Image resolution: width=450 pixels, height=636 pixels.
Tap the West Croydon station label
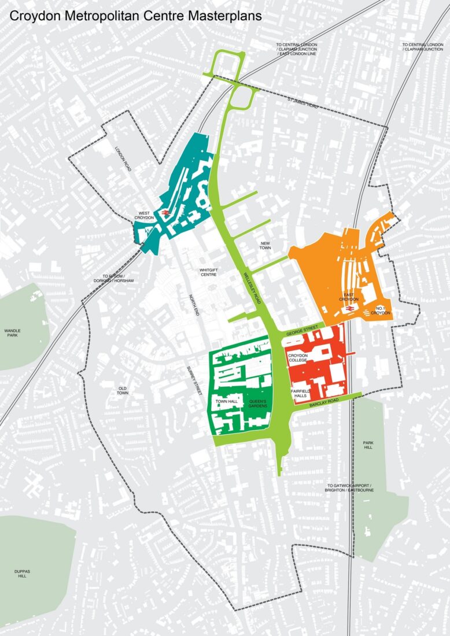click(x=144, y=215)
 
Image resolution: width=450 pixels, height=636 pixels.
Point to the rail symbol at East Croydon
click(x=350, y=311)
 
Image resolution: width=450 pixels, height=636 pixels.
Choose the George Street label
click(x=301, y=330)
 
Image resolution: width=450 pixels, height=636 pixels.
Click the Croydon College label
click(x=297, y=357)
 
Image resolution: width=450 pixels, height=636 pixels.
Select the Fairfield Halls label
click(x=300, y=394)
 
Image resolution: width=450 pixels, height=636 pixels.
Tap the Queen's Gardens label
click(x=258, y=404)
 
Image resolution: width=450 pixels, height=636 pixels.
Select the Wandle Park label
click(x=12, y=334)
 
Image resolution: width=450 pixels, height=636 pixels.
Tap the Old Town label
click(x=123, y=390)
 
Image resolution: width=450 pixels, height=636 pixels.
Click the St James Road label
click(x=303, y=103)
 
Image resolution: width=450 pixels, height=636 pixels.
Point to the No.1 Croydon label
click(x=383, y=310)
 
